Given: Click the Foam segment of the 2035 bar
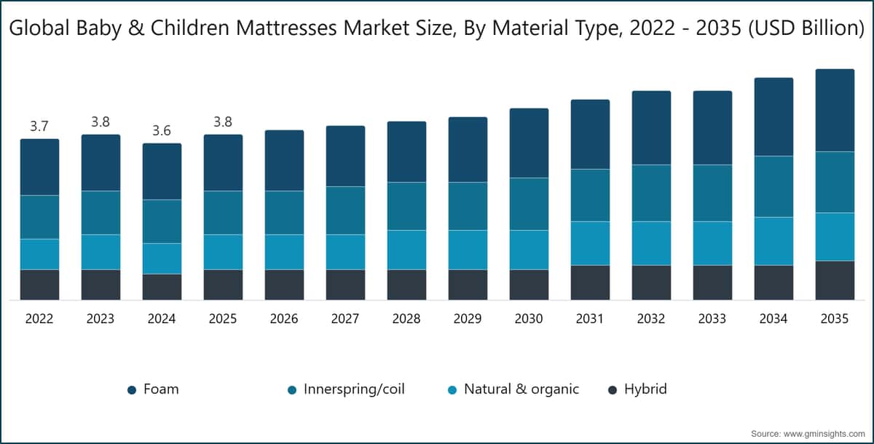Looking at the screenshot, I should (835, 110).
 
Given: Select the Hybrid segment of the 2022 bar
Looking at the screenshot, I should (39, 285).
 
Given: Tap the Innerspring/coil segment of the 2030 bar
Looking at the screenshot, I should (529, 204).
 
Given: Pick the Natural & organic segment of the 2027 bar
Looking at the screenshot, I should (345, 252).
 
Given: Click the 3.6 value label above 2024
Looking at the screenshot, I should (162, 131).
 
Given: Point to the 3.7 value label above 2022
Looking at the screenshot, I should (39, 127).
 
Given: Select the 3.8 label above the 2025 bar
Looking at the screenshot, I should (223, 122).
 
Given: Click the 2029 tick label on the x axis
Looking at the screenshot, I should (468, 320).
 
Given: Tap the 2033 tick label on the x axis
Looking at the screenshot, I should (712, 320).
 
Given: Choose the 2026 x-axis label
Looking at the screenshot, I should (284, 320).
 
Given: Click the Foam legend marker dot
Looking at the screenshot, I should (132, 390).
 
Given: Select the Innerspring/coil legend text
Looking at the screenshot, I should (355, 389).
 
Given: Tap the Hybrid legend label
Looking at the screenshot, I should (645, 389).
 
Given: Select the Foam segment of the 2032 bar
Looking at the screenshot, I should (651, 128).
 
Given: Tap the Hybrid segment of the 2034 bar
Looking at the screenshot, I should (773, 282).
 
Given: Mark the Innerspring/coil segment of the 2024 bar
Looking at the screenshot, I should (162, 221).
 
